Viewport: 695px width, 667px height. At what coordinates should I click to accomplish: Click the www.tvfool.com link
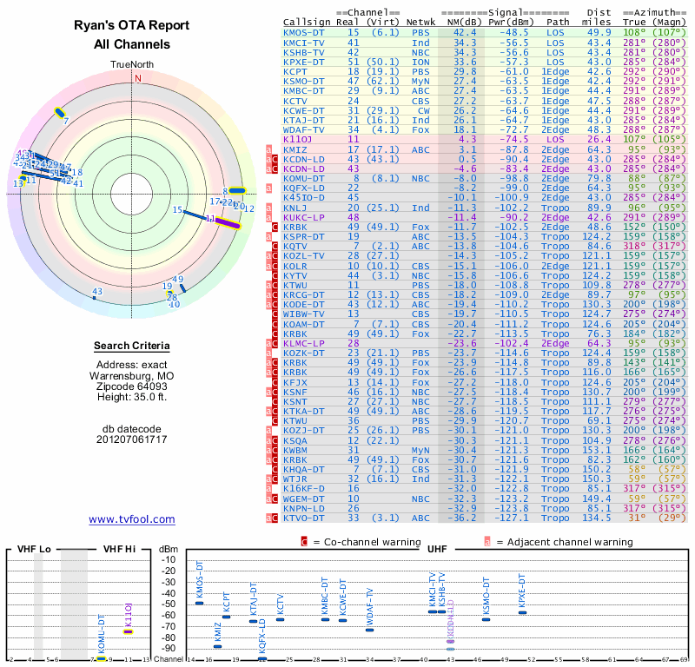tap(132, 519)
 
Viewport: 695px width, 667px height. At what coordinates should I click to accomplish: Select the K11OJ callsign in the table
tap(298, 138)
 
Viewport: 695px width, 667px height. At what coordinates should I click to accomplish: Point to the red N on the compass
tap(137, 78)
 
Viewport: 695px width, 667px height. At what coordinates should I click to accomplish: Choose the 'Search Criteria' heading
tap(132, 347)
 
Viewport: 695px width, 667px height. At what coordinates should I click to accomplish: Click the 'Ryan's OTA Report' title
tap(132, 26)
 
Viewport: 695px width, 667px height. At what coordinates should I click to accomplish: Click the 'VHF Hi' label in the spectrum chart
tap(119, 550)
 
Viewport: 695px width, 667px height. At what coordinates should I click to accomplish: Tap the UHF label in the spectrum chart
tap(437, 550)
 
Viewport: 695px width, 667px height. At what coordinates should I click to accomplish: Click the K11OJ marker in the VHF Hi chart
tap(128, 631)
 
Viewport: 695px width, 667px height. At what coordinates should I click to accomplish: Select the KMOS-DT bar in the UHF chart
tap(200, 603)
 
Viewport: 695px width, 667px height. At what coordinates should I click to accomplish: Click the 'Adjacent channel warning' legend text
tap(565, 542)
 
